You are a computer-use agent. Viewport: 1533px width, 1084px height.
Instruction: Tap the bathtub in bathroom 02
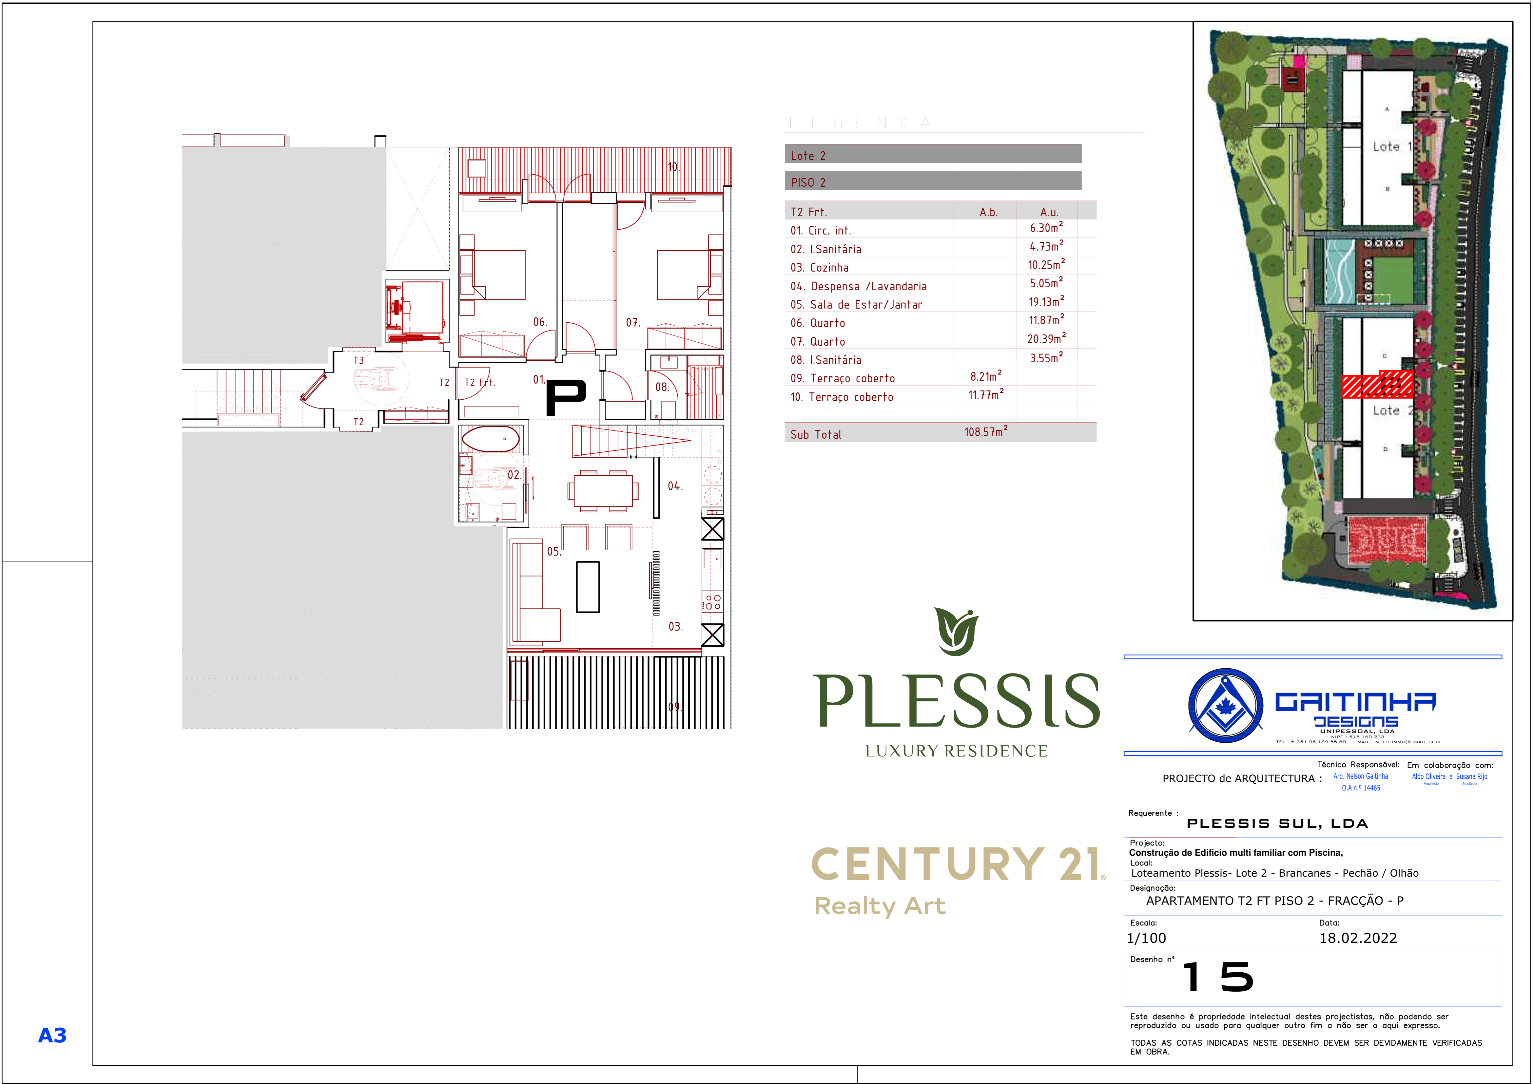[491, 439]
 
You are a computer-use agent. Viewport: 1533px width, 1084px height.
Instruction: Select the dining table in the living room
[603, 491]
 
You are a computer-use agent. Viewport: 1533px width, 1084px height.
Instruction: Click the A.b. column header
[988, 212]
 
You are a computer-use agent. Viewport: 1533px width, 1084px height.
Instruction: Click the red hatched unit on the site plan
[1377, 385]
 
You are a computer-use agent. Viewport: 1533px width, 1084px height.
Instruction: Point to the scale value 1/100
[1146, 938]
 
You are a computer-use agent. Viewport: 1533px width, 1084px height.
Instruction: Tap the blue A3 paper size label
[52, 1035]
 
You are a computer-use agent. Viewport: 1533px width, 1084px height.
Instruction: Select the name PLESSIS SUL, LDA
[1277, 824]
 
